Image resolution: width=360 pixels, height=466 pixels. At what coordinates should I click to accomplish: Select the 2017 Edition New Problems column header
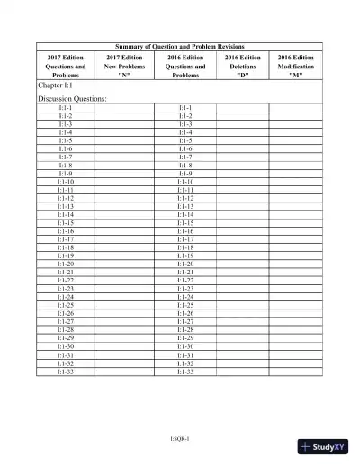125,66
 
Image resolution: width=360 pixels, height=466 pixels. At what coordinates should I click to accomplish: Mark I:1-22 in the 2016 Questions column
185,281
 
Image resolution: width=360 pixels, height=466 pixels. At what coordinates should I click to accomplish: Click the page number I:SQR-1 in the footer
180,438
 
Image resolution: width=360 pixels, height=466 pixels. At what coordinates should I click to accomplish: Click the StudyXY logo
325,447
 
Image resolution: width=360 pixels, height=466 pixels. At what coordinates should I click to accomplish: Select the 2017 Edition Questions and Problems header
66,66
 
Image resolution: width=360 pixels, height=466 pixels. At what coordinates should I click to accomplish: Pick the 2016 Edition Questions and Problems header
185,66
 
